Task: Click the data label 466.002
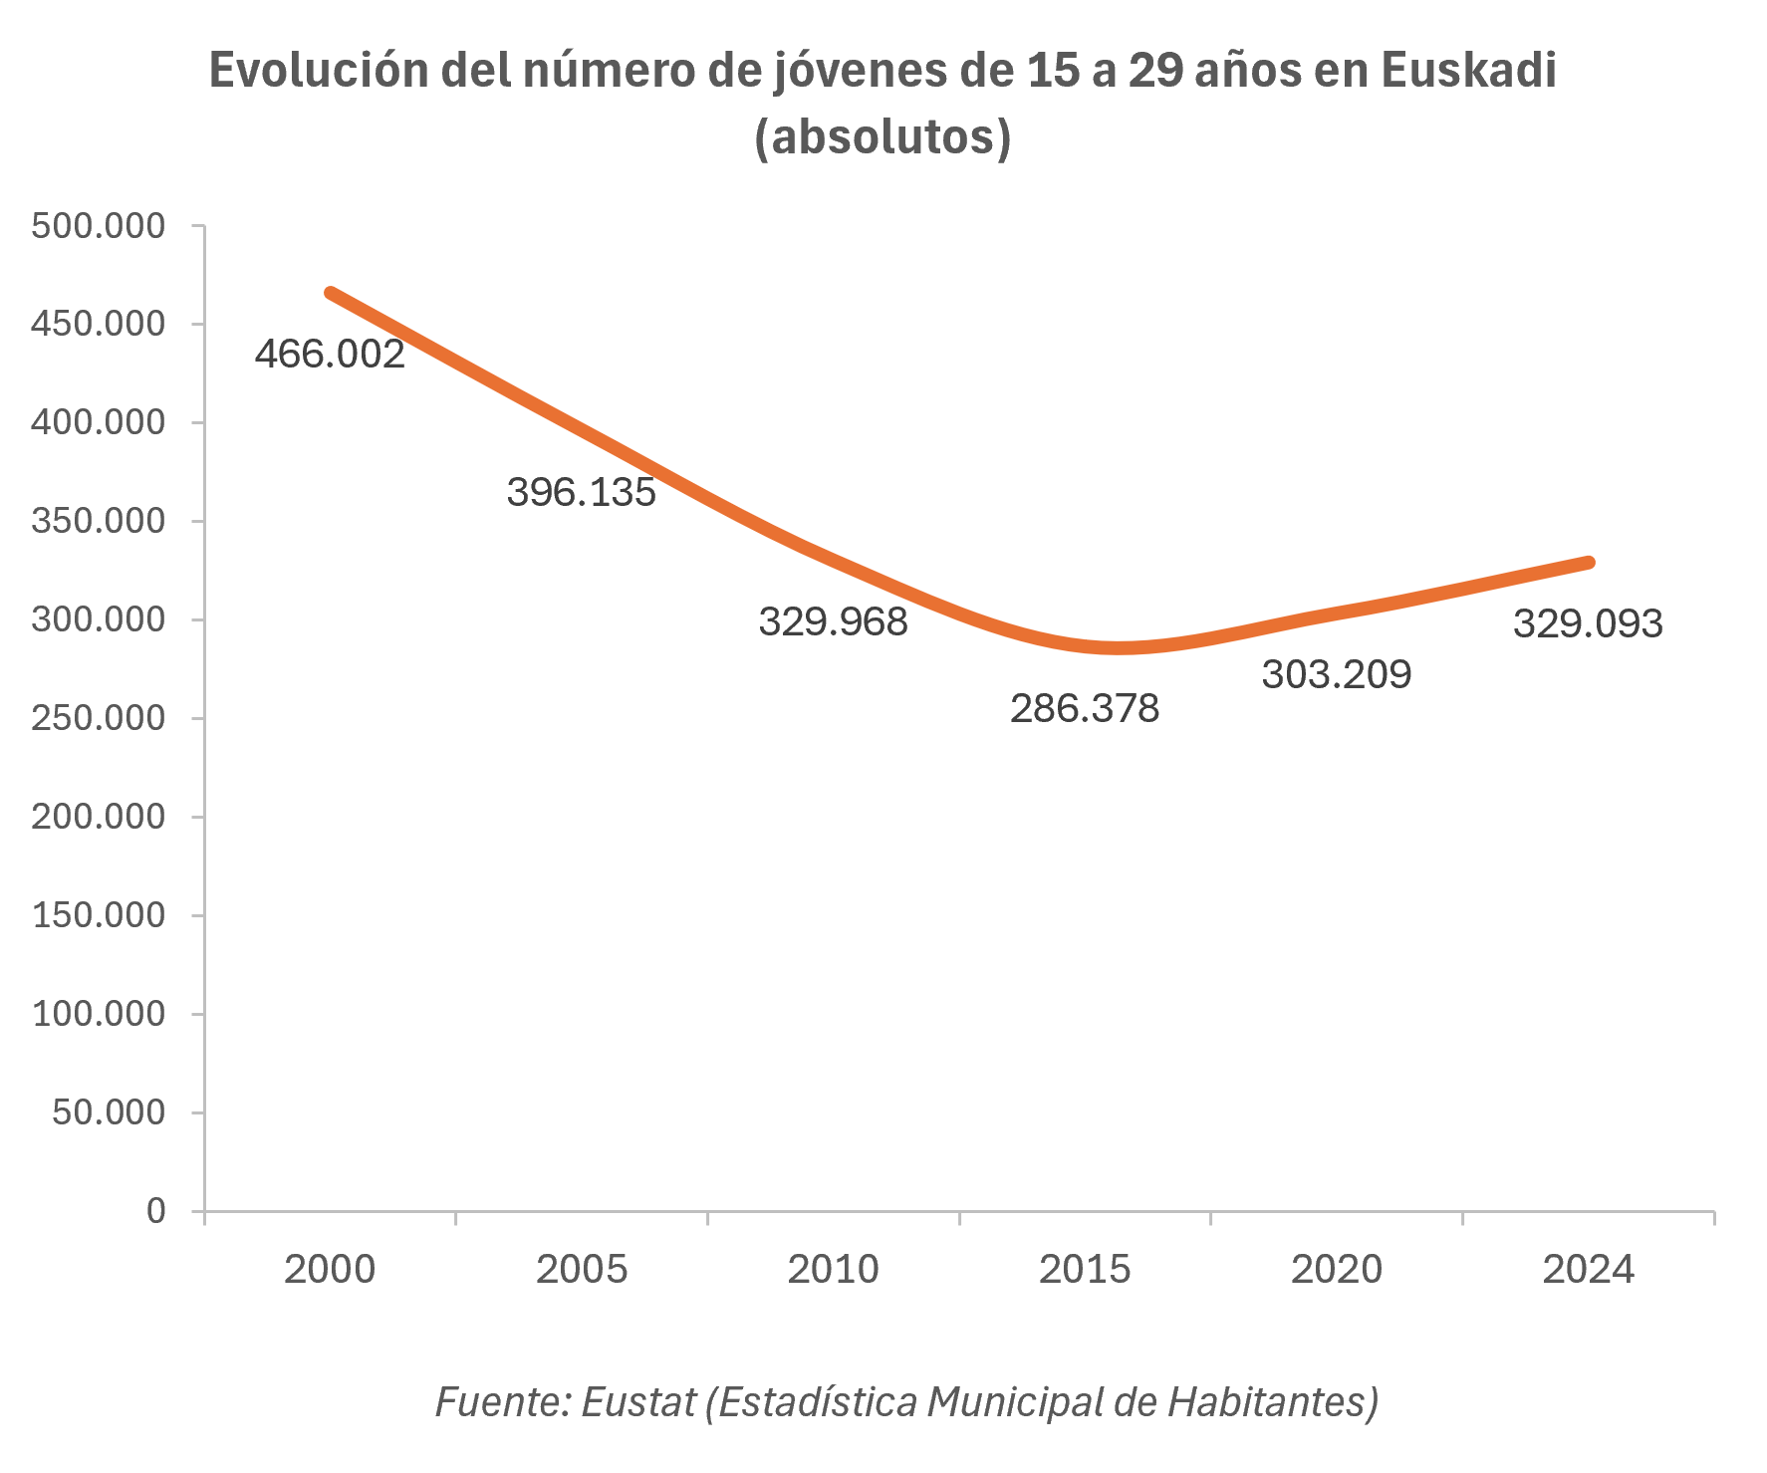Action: pyautogui.click(x=330, y=355)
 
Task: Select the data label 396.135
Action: pyautogui.click(x=582, y=492)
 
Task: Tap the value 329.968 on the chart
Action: pyautogui.click(x=834, y=622)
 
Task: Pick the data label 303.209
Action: pyautogui.click(x=1337, y=675)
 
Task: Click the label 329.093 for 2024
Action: pyautogui.click(x=1588, y=624)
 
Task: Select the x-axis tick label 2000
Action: pyautogui.click(x=330, y=1270)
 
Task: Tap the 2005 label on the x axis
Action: pyautogui.click(x=582, y=1270)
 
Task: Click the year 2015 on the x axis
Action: pyautogui.click(x=1085, y=1270)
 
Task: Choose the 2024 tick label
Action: pyautogui.click(x=1588, y=1270)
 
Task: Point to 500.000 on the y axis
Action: pyautogui.click(x=98, y=226)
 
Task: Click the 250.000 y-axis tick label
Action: pyautogui.click(x=98, y=718)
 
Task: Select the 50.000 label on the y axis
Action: pyautogui.click(x=109, y=1112)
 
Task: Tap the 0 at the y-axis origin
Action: pyautogui.click(x=156, y=1211)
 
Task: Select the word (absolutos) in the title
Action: pyautogui.click(x=883, y=137)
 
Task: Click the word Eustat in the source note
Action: pyautogui.click(x=637, y=1402)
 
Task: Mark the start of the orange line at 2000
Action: pyautogui.click(x=331, y=293)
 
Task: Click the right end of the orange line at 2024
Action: pyautogui.click(x=1589, y=563)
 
